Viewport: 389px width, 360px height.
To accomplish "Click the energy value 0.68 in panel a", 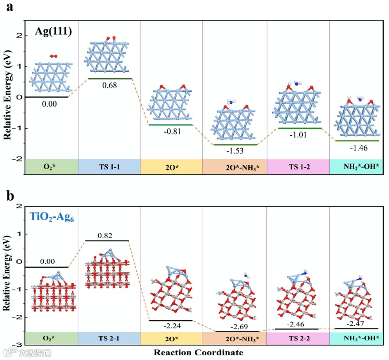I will pos(109,85).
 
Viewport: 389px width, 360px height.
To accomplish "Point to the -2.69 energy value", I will pos(234,326).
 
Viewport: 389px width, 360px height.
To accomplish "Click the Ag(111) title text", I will pos(53,31).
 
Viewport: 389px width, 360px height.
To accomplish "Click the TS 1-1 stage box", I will pos(109,167).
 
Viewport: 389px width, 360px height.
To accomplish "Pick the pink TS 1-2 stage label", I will pos(298,167).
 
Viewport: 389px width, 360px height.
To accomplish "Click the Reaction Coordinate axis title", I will pos(198,353).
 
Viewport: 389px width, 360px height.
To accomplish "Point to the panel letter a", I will pos(11,8).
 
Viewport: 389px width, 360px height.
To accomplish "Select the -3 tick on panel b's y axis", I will pos(18,345).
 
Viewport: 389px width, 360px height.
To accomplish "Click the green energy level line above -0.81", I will pos(171,125).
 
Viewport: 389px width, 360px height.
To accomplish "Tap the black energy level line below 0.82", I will pos(107,241).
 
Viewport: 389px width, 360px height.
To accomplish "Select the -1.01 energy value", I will pos(298,135).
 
